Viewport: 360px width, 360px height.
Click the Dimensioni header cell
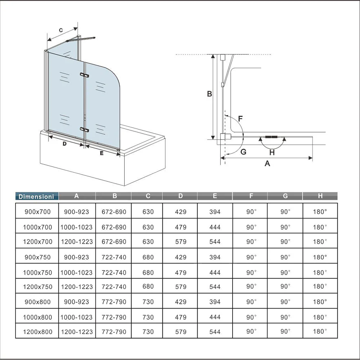pos(36,197)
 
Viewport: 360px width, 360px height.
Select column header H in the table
pos(320,196)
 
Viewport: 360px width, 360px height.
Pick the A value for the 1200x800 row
pos(77,332)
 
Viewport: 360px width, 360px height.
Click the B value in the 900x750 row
pos(114,257)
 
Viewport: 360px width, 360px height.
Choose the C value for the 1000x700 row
pos(148,227)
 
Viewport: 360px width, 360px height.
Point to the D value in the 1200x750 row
pos(180,287)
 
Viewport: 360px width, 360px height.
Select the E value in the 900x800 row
pos(215,302)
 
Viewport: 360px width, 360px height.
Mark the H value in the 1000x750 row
pos(320,273)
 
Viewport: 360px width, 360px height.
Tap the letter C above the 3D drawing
pos(61,31)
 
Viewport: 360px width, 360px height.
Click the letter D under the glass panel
pos(64,144)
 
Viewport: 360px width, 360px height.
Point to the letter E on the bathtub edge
pos(102,153)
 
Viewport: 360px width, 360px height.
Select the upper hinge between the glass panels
pos(84,75)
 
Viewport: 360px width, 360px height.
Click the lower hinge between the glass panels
pos(84,129)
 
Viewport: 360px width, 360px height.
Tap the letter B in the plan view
pos(209,94)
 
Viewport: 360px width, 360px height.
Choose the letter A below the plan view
pos(267,163)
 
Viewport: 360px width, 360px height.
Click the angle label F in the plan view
pos(240,118)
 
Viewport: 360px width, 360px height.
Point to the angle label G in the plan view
pos(243,152)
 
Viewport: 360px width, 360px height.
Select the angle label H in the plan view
pos(272,152)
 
